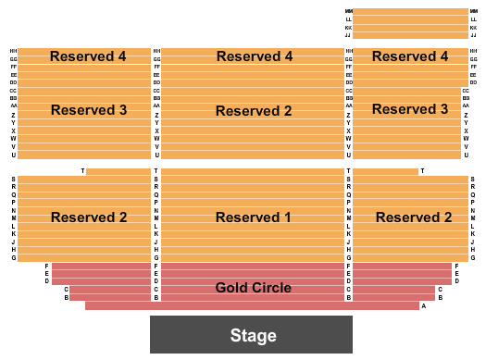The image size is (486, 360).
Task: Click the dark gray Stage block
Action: tap(251, 334)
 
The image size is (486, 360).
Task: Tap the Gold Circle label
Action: tap(253, 288)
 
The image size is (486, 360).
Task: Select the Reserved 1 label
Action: tap(253, 217)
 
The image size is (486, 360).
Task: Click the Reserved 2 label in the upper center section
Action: tap(253, 111)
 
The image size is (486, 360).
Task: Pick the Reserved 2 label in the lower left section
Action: tap(89, 217)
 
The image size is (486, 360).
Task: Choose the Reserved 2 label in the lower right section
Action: tap(414, 217)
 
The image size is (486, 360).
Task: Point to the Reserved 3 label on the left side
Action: tap(89, 110)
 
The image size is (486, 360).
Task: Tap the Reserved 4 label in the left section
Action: tap(89, 56)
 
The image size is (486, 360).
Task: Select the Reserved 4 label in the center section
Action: tap(255, 56)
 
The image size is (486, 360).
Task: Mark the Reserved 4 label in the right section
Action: tap(410, 56)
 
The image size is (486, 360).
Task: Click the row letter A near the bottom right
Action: tap(423, 305)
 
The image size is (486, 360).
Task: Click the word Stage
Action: tap(254, 335)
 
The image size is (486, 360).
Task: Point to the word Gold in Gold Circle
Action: tap(231, 288)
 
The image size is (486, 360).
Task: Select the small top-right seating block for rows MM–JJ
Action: tap(410, 23)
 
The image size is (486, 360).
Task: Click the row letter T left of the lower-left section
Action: tap(82, 171)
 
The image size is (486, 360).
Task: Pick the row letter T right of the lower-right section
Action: tap(422, 171)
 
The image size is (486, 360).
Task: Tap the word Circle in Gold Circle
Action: tap(270, 288)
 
